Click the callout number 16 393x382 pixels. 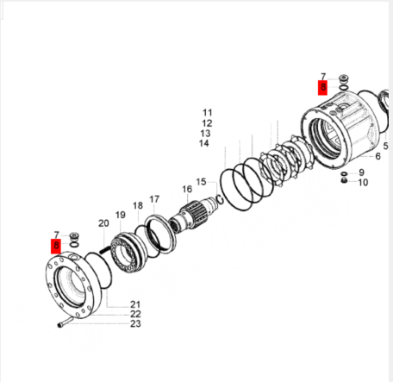[x=187, y=189]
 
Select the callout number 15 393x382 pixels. [x=201, y=182]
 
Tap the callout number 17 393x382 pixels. [x=154, y=199]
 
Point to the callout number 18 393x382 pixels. [x=138, y=205]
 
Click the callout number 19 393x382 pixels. [x=121, y=215]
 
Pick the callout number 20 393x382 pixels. [x=103, y=223]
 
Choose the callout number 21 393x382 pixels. [x=135, y=304]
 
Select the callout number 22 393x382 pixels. [x=135, y=314]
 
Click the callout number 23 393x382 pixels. [x=135, y=323]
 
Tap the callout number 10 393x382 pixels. [x=363, y=182]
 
